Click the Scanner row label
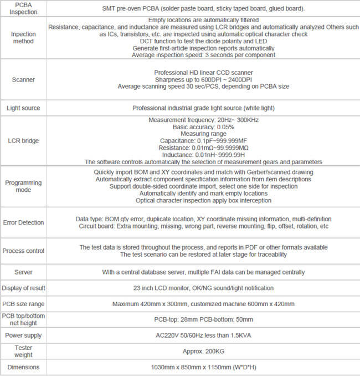pos(24,79)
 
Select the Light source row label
pos(23,108)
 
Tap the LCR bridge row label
pos(23,141)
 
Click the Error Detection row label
pos(23,222)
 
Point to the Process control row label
pos(23,251)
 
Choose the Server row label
pos(23,272)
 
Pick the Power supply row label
pos(23,336)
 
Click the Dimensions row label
pos(23,367)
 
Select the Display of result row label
pos(23,288)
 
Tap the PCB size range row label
pos(23,304)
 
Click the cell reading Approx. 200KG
pos(203,351)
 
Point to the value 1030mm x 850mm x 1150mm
pos(203,367)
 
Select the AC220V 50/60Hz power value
pos(203,336)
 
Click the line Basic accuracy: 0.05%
pos(203,126)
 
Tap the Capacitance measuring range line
pos(203,141)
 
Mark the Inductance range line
pos(203,155)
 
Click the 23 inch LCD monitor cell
pos(203,288)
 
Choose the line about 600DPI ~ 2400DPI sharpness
pos(203,79)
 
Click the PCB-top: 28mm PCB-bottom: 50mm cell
pos(203,319)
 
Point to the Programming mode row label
pos(23,186)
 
